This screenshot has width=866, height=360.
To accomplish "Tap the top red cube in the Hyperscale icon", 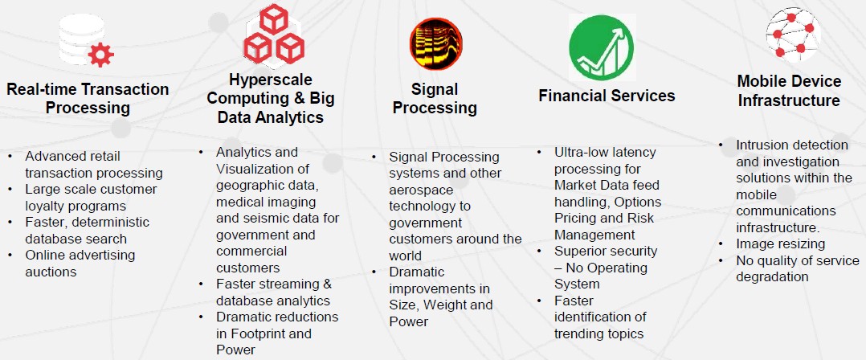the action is [x=274, y=18].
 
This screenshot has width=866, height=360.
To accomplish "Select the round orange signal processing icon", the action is [x=435, y=43].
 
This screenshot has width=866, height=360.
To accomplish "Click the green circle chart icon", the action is [x=602, y=47].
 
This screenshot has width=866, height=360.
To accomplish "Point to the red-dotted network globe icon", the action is [x=793, y=35].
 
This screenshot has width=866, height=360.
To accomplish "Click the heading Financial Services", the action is [x=607, y=96].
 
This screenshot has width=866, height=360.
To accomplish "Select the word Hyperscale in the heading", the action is [x=271, y=80].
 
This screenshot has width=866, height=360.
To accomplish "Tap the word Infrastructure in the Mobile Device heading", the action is [x=789, y=101].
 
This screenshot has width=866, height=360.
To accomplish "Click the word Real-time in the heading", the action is [x=42, y=89].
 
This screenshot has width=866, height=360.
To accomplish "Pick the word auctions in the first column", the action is [x=51, y=272].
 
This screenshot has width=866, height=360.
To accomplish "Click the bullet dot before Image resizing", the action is [x=721, y=244].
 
